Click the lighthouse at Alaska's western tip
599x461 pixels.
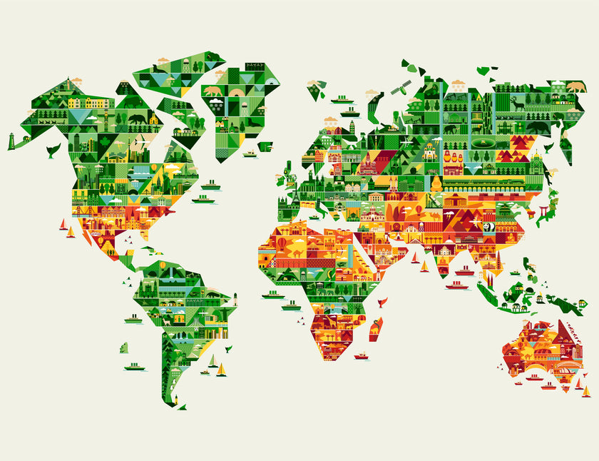point(12,141)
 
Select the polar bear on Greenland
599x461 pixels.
point(213,91)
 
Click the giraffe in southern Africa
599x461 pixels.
point(330,325)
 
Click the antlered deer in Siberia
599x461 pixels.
point(517,103)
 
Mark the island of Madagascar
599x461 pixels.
point(375,329)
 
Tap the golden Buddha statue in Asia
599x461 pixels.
point(436,183)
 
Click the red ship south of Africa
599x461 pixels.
point(362,355)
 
